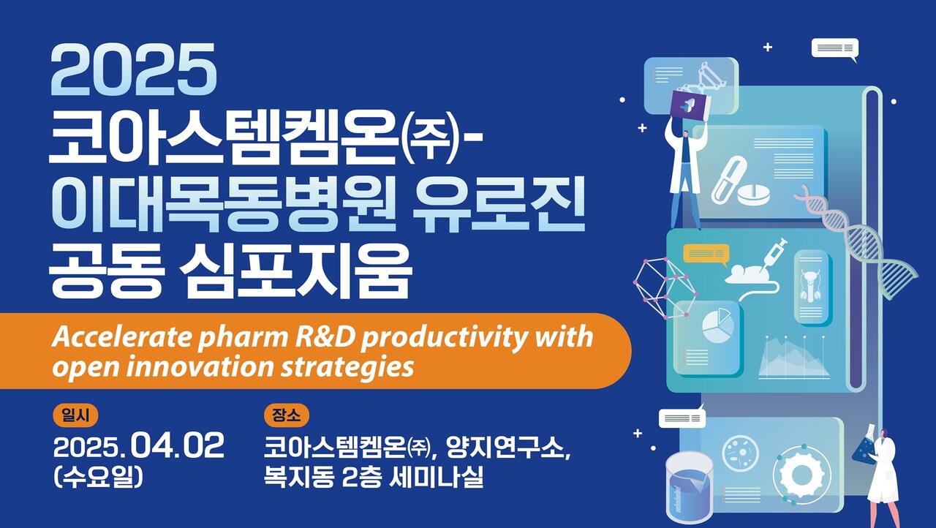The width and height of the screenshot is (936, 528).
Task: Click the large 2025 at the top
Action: coord(135,70)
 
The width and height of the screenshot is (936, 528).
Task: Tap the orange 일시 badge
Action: coord(75,415)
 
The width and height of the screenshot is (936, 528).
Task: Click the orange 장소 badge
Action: coord(286,415)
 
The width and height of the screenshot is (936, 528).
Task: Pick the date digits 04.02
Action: coord(180,446)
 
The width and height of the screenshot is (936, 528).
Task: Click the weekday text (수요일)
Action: coord(98,477)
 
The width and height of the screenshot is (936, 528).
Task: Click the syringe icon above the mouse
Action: coord(772,253)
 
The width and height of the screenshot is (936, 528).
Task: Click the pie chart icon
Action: coord(717,325)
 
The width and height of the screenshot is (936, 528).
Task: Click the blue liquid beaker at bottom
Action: coord(689,486)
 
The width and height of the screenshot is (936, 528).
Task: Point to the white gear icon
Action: coord(800,474)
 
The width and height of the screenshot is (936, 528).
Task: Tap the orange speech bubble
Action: coord(706,254)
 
